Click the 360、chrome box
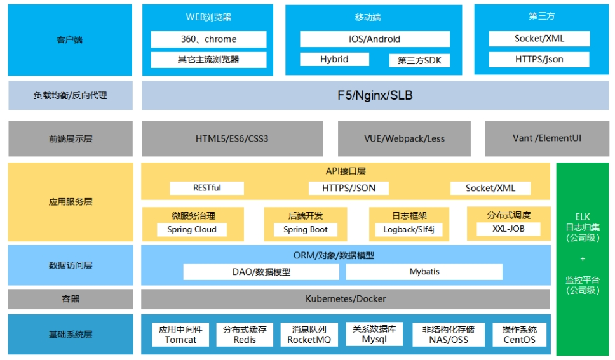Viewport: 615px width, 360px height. (x=208, y=39)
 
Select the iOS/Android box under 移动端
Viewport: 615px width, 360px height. (x=375, y=39)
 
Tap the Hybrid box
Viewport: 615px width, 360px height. (x=334, y=59)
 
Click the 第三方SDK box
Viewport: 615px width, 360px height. (x=419, y=60)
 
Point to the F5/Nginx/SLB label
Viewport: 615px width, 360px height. (x=375, y=95)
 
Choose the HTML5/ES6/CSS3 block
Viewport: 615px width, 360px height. (x=232, y=138)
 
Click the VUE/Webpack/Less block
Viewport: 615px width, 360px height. (x=404, y=138)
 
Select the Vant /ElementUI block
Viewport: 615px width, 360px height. (x=547, y=138)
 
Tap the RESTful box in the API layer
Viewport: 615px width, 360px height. (x=206, y=188)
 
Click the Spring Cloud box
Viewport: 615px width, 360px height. (x=192, y=229)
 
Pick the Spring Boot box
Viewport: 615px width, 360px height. (x=306, y=229)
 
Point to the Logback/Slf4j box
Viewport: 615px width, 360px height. (x=409, y=229)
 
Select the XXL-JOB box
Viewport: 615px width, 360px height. (x=508, y=229)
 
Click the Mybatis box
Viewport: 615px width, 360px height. (x=424, y=272)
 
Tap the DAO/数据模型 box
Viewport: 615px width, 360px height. (x=261, y=272)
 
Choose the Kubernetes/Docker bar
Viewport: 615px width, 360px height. (x=346, y=299)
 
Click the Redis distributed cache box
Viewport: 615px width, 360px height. (x=245, y=335)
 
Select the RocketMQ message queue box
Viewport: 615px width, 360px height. (x=309, y=335)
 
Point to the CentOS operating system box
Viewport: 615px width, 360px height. (x=519, y=335)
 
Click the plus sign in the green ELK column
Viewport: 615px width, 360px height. (x=583, y=259)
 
